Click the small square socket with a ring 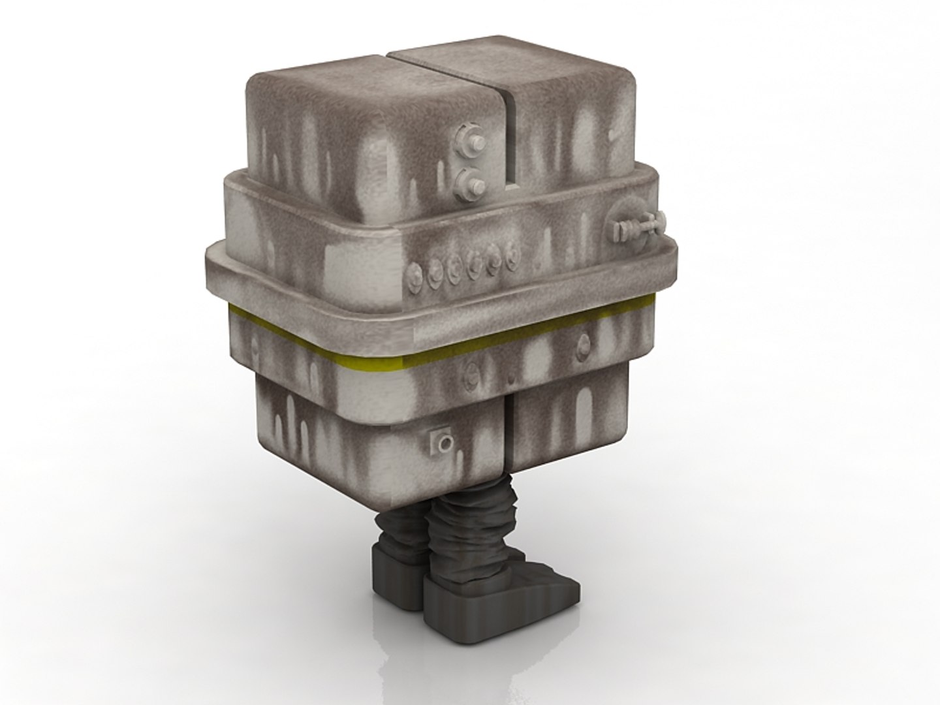[444, 443]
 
